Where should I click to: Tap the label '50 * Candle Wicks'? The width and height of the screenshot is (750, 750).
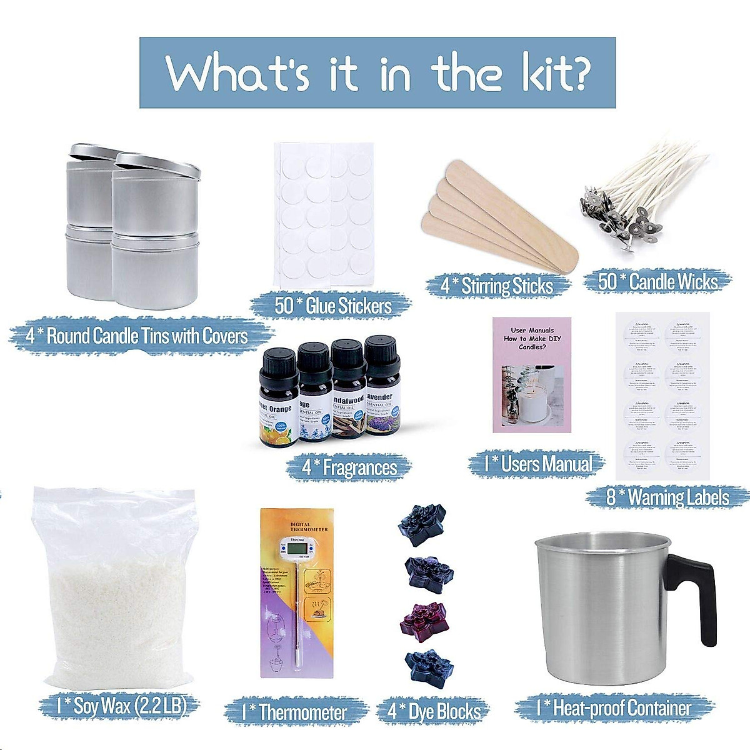(657, 282)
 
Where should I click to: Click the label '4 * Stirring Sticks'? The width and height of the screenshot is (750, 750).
(497, 286)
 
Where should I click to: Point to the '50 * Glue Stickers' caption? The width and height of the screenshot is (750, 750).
(332, 306)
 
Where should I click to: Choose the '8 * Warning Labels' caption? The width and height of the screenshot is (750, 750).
(667, 497)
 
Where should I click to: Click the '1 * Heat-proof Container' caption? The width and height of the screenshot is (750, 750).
(614, 708)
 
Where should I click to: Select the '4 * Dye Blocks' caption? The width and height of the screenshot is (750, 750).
(434, 712)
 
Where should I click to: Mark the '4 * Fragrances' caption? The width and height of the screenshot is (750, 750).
(349, 467)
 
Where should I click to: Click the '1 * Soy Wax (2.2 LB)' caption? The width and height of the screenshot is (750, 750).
(121, 706)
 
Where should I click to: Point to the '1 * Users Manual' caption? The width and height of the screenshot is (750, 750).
(537, 464)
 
